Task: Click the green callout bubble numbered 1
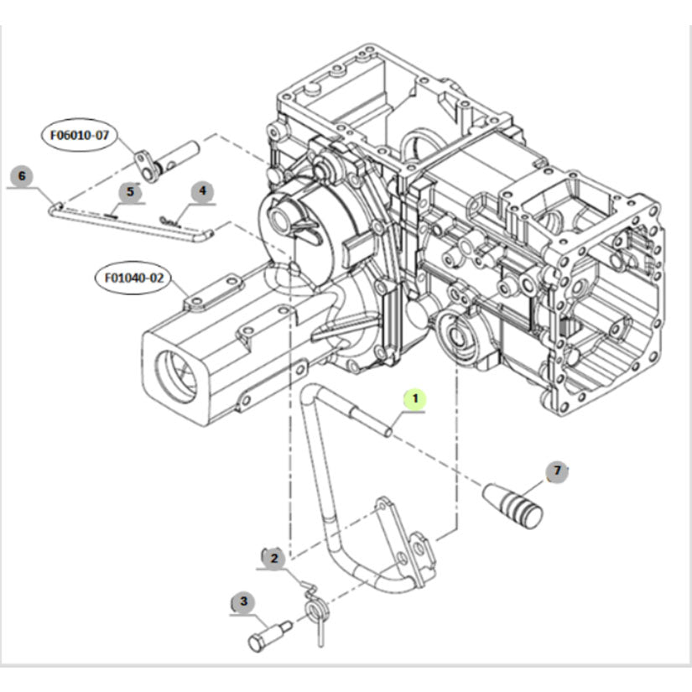click(x=415, y=399)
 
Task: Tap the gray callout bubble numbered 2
click(x=273, y=559)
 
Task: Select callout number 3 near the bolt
click(x=242, y=601)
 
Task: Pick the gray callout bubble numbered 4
click(x=202, y=192)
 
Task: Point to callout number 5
click(x=130, y=192)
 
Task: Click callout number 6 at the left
click(x=22, y=176)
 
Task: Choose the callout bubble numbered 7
click(x=557, y=471)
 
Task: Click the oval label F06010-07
click(x=80, y=135)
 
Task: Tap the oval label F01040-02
click(x=133, y=278)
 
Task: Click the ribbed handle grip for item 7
click(x=513, y=506)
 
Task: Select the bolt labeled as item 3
click(x=270, y=636)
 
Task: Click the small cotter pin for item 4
click(x=170, y=221)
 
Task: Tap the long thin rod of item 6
click(x=131, y=223)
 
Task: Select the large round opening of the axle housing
click(x=176, y=377)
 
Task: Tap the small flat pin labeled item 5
click(x=111, y=216)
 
